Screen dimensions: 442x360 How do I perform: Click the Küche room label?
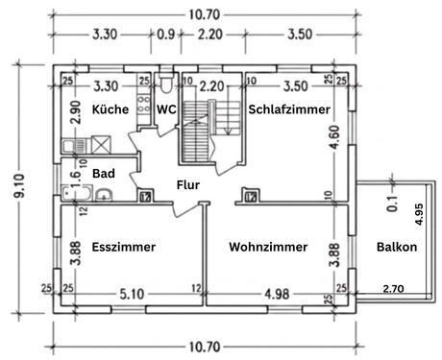110,109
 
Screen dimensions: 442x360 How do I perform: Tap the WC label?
166,109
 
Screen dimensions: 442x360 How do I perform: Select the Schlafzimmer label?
289,109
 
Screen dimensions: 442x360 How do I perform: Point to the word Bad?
104,174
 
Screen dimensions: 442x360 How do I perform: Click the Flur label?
188,184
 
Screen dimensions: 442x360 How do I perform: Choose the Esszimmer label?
124,247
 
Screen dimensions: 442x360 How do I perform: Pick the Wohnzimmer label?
268,247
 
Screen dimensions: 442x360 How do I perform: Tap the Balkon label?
397,247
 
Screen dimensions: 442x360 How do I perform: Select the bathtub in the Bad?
77,193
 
